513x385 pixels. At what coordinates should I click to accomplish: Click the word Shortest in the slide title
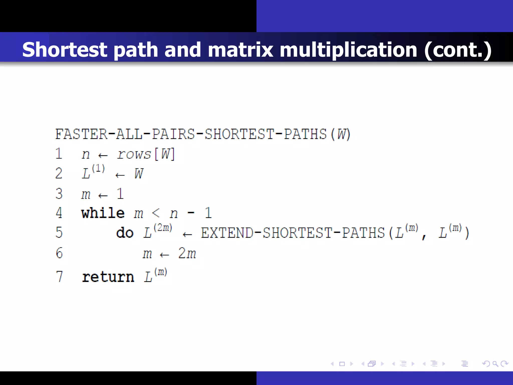(65, 50)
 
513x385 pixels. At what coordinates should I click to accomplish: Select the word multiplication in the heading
(348, 50)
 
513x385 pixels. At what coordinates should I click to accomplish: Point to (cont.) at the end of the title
(458, 50)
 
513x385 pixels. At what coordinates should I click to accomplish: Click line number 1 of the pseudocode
(59, 154)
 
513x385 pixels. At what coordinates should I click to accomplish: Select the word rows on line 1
(134, 154)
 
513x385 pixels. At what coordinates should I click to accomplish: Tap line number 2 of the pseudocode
(59, 173)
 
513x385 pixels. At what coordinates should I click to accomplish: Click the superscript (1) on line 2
(98, 168)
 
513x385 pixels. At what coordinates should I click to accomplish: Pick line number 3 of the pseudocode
(59, 194)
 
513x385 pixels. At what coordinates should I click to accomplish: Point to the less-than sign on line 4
(156, 213)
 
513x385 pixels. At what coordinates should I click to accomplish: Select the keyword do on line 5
(124, 233)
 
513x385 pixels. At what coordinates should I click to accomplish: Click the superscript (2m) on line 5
(163, 228)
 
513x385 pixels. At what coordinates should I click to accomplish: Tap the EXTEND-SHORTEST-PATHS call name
(293, 233)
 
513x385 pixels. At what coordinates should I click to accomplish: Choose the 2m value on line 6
(187, 253)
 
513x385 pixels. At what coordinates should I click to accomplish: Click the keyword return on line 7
(108, 277)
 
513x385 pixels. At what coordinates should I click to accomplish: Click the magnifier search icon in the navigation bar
(495, 364)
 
